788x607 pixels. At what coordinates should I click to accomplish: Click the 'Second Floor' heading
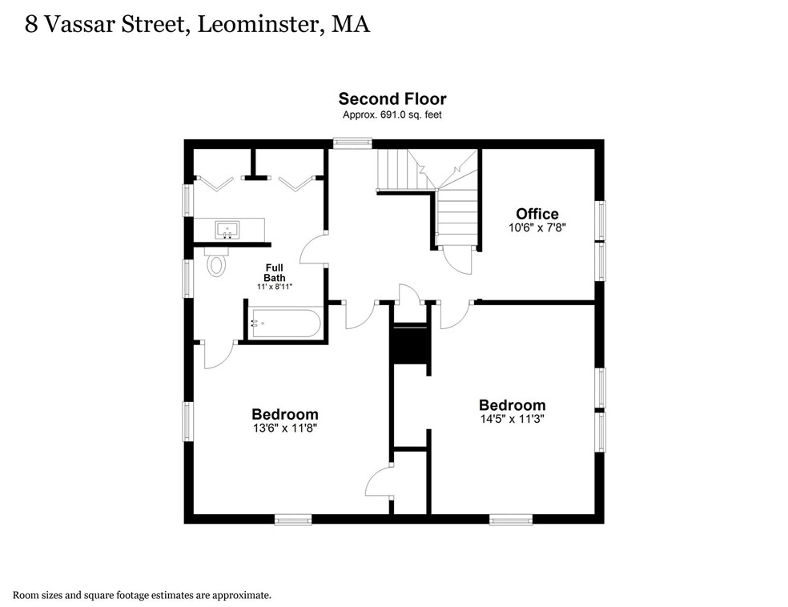392,99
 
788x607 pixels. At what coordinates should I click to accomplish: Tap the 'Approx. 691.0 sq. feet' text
392,115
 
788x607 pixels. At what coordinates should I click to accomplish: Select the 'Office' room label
537,214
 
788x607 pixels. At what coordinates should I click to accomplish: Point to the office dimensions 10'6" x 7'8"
537,227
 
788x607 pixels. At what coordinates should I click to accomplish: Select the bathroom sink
228,230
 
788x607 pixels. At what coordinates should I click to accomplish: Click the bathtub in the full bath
285,323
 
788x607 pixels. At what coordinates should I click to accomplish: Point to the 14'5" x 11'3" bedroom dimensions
512,418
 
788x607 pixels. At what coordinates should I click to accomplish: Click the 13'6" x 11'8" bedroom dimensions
284,428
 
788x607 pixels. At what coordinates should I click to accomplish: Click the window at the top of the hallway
353,143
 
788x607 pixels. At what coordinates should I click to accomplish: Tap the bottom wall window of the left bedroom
293,519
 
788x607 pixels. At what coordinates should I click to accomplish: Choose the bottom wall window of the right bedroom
510,519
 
